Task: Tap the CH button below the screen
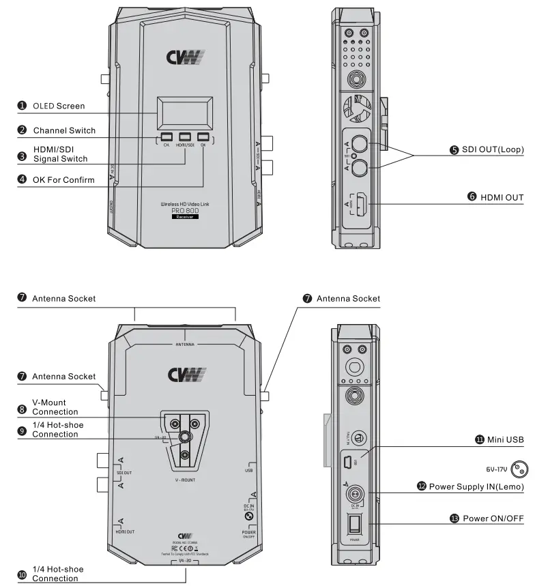[166, 136]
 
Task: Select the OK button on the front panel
[203, 136]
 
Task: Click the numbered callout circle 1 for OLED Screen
[22, 106]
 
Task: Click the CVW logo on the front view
[185, 57]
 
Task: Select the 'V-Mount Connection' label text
[55, 407]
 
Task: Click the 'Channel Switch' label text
[64, 130]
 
